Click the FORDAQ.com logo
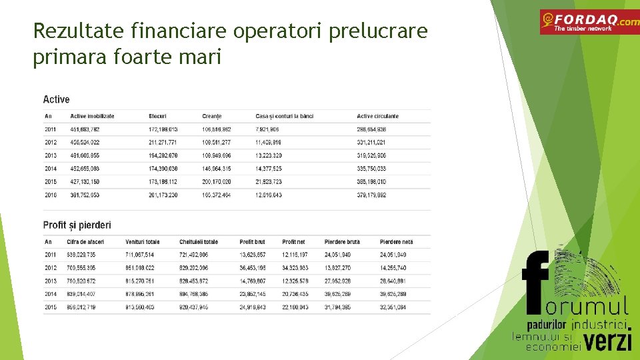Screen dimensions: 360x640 (589, 22)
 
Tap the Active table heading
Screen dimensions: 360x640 (56, 99)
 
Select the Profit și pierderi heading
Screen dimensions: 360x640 (77, 225)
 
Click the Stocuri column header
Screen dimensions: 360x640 (157, 116)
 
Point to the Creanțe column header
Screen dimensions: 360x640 (211, 116)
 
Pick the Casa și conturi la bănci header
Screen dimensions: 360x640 (284, 116)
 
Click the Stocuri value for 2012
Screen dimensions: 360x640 (163, 142)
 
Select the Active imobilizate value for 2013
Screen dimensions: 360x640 (85, 155)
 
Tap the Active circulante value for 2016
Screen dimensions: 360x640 (371, 195)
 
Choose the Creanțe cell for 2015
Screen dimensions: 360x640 (217, 181)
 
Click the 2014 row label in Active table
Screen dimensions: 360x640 (51, 169)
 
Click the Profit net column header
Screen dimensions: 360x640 (294, 241)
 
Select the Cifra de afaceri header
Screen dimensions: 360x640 (83, 241)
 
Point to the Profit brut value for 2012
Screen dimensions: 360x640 (253, 267)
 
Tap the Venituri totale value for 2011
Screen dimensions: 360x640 (139, 255)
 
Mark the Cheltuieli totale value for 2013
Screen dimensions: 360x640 (194, 281)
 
